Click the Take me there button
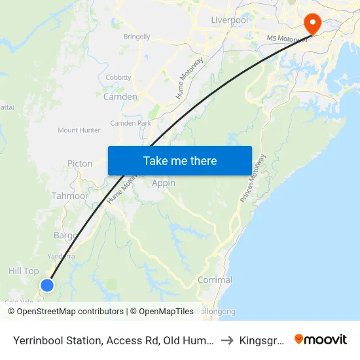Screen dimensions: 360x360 tap(180, 161)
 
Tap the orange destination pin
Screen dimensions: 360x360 tap(313, 24)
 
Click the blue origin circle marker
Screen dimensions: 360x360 tap(46, 285)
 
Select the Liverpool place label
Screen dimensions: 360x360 tap(229, 20)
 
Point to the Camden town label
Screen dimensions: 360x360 tap(120, 97)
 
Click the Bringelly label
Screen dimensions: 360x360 tap(137, 37)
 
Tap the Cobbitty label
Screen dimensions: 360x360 tap(118, 77)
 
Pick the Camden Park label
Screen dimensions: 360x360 tap(130, 123)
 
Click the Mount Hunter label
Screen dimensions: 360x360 tap(79, 130)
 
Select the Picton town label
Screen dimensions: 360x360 tap(80, 164)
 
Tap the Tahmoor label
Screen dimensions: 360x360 tap(70, 196)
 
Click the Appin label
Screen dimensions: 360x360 tap(164, 183)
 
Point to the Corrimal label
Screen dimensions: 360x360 tap(215, 279)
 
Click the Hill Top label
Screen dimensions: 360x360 tap(24, 271)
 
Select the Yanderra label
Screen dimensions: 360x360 tap(60, 256)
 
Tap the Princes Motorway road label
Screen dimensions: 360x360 tap(252, 177)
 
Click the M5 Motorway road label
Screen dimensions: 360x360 tap(287, 39)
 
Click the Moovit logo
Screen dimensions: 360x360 tap(321, 340)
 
